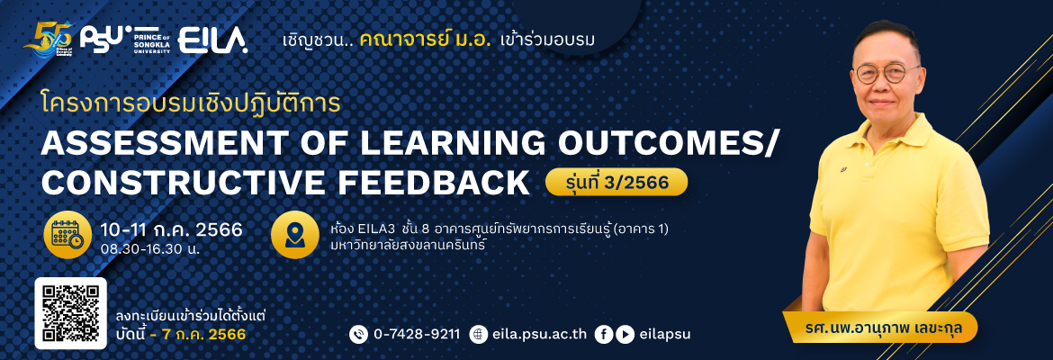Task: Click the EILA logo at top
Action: (213, 40)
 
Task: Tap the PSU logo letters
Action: (101, 40)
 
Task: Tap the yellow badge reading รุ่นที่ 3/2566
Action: (616, 181)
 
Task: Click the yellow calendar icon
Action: (67, 235)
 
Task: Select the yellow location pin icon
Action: (295, 234)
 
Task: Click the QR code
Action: (70, 313)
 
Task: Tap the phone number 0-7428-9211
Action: (417, 334)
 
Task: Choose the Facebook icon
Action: (604, 334)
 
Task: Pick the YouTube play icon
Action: (625, 334)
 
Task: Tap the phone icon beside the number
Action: (359, 334)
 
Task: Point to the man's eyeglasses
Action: (888, 73)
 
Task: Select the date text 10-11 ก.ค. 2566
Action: (171, 229)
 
